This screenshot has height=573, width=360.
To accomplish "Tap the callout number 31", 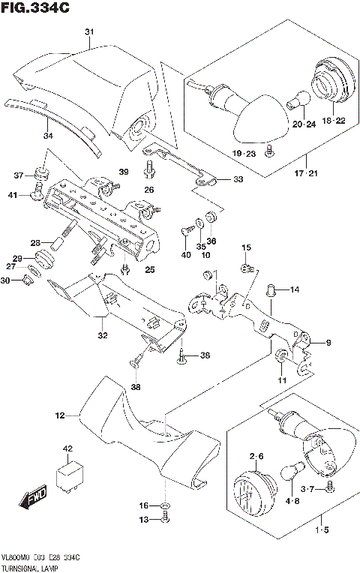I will pos(89,31).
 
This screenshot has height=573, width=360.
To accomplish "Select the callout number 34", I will pos(48,136).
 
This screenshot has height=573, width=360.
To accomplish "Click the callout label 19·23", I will pos(243,153).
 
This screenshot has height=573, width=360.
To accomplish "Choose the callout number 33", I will pos(238,179).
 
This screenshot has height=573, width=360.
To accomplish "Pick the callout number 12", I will pos(60,413).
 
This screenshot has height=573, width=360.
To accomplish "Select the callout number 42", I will pos(67,449).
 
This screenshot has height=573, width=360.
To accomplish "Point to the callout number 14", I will pos(294,289).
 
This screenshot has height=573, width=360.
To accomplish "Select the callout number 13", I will pos(143,519).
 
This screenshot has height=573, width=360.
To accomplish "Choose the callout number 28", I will pos(35,243).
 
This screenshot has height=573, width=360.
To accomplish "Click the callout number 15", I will pos(246,247).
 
